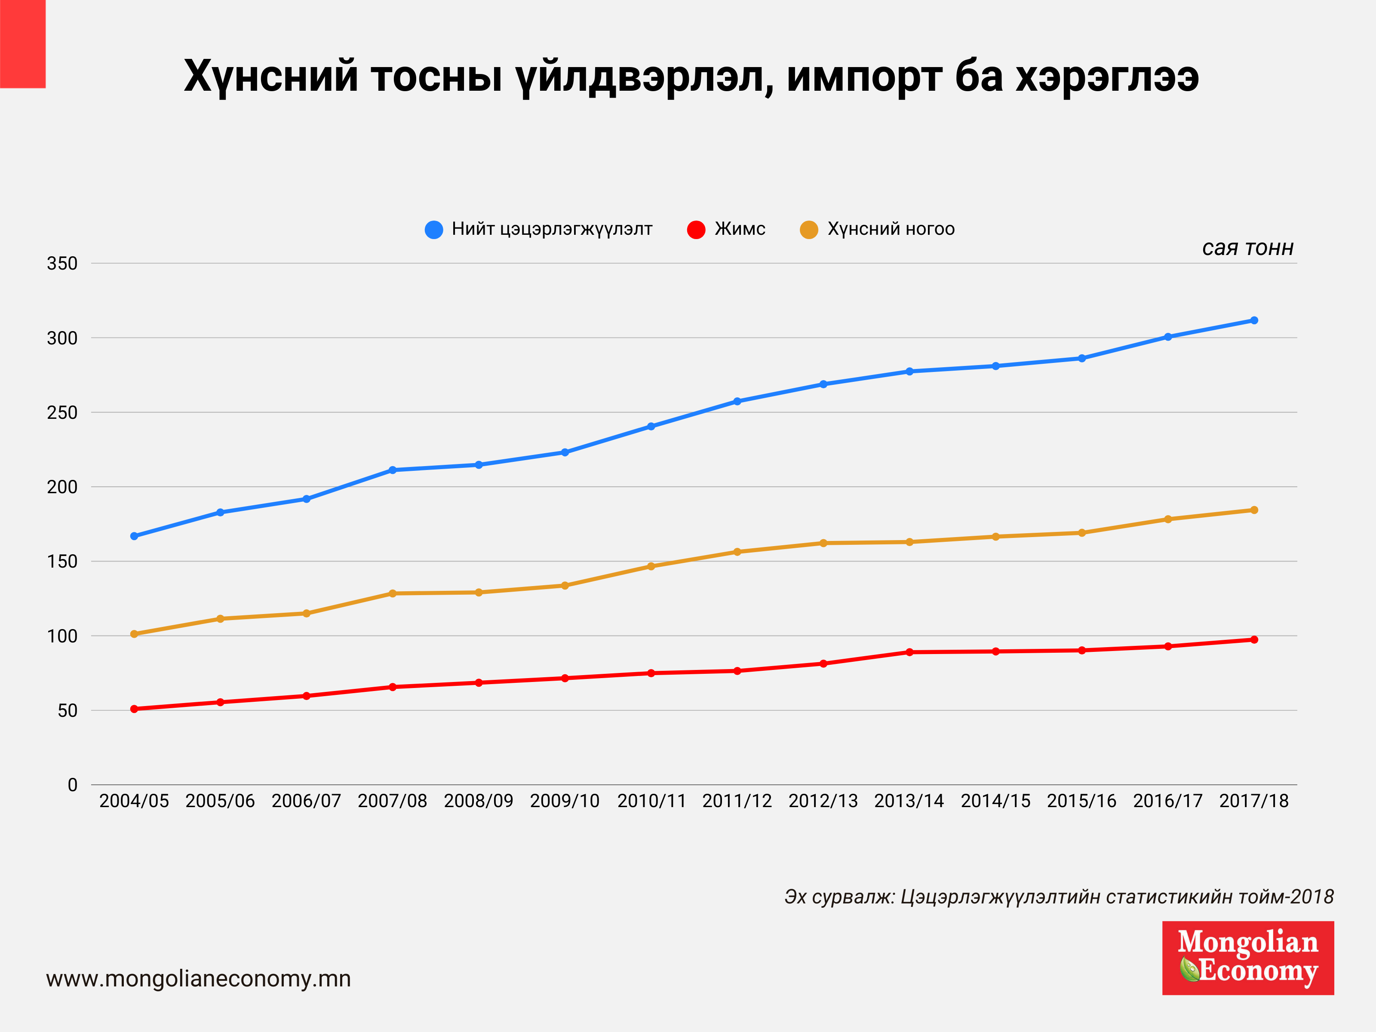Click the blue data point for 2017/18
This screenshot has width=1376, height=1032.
(x=1253, y=320)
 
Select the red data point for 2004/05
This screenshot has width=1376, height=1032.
(x=134, y=709)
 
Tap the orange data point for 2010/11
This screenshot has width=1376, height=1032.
(x=651, y=566)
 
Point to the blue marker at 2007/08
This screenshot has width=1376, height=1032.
(x=393, y=470)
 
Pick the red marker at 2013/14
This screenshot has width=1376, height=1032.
(x=909, y=652)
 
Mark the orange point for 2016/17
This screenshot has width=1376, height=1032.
(x=1167, y=519)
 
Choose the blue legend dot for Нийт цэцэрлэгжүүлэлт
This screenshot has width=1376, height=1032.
(x=433, y=230)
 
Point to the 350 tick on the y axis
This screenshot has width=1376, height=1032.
(x=62, y=263)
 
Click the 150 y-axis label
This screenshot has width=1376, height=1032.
(x=62, y=561)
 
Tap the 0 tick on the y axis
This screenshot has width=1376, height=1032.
(x=72, y=785)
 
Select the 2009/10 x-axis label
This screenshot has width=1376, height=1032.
(x=564, y=801)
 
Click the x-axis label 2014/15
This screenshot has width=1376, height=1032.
(x=995, y=801)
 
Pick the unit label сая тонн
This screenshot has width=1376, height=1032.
(x=1247, y=248)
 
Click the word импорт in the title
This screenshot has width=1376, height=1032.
(x=865, y=77)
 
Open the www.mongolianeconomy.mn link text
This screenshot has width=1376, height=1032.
(x=198, y=979)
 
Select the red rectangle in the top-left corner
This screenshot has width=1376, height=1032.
(x=22, y=43)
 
